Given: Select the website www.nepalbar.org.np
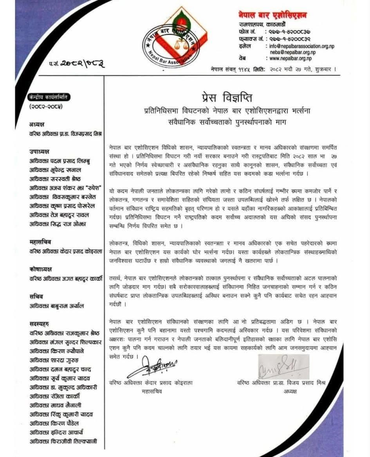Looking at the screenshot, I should click(289, 59).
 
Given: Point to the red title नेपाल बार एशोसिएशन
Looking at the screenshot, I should click(273, 15).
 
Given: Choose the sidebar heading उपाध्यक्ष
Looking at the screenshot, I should click(41, 152).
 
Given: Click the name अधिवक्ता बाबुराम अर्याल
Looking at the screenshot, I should click(56, 306).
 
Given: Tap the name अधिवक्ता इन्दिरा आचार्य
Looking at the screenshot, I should click(56, 432).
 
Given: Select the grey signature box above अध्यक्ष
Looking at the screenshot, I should click(283, 366).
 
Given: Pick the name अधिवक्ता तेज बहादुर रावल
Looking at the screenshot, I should click(59, 215).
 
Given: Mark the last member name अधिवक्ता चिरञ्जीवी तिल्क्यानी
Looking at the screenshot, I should click(63, 441).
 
